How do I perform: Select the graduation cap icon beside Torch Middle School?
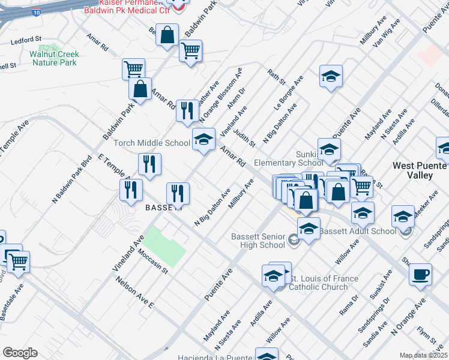tap(203, 140)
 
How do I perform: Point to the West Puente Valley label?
tap(421, 170)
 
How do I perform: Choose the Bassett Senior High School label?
tap(258, 241)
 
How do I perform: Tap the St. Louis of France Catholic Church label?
tap(324, 283)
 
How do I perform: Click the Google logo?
tap(20, 352)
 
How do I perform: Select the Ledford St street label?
tap(28, 40)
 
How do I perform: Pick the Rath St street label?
tap(277, 76)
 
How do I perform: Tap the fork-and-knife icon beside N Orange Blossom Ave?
tap(187, 110)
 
